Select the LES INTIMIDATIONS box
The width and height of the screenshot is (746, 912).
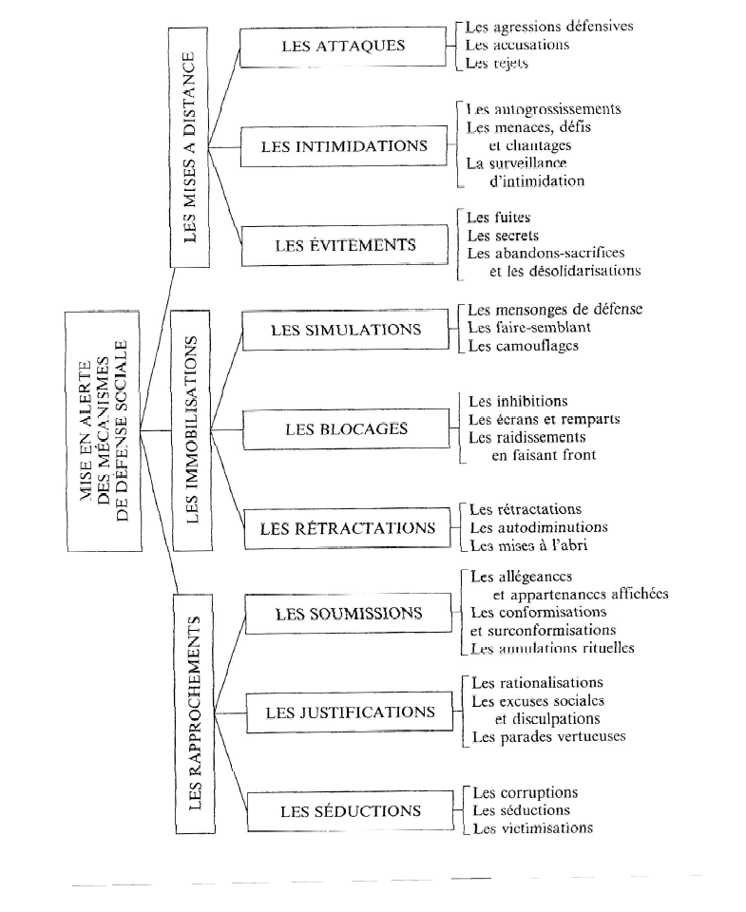pos(344,147)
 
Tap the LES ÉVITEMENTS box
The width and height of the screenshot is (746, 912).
pos(345,245)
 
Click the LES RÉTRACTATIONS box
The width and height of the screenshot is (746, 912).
pos(348,528)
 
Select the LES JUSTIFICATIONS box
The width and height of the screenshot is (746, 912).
pos(350,712)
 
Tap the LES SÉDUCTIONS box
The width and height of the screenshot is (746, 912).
pos(350,811)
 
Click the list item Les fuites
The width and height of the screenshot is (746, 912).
pos(499,218)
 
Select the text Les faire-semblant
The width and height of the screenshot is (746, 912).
pos(529,328)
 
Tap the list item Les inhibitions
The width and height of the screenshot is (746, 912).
pos(518,401)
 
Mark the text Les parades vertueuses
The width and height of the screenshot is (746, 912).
pos(548,737)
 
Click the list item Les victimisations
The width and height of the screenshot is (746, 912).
pos(532,827)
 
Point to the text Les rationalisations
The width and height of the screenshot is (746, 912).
pos(537,683)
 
